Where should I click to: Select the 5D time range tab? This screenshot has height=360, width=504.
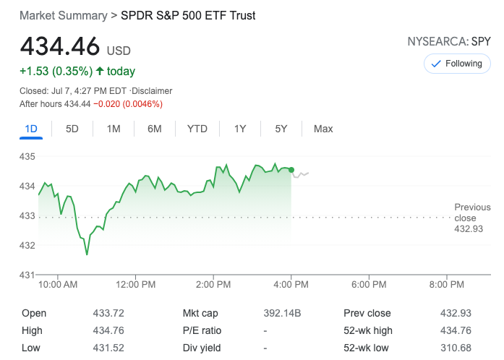[x=72, y=129]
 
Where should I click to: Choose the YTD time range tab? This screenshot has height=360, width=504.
[x=197, y=129]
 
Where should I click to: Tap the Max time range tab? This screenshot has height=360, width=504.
[x=323, y=129]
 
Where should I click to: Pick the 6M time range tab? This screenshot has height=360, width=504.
[x=155, y=129]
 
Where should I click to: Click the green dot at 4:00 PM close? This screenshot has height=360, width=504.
[x=291, y=170]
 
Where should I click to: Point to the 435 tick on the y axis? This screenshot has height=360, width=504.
[x=27, y=156]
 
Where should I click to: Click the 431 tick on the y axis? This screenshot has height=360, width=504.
[x=27, y=275]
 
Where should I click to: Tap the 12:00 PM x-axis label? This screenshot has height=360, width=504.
[x=136, y=285]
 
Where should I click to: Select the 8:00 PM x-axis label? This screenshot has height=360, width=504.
[x=446, y=285]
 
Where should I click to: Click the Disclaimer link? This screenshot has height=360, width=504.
[x=152, y=91]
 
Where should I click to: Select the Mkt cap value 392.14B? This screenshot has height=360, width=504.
[x=283, y=313]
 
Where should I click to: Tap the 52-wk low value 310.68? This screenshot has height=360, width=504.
[x=456, y=348]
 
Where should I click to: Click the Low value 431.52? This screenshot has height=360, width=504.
[x=106, y=348]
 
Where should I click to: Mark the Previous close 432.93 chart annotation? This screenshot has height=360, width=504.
[x=469, y=218]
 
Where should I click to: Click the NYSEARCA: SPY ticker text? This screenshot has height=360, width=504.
[x=449, y=41]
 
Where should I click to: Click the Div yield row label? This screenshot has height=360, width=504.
[x=202, y=348]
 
